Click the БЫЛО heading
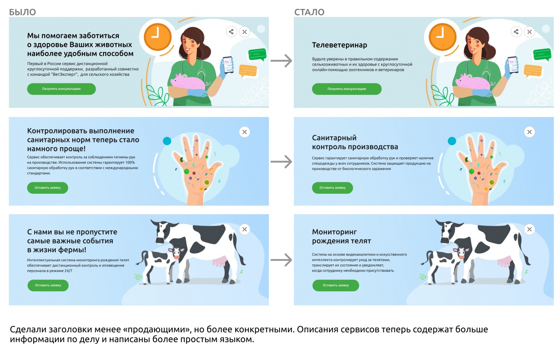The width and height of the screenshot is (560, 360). coord(22,12)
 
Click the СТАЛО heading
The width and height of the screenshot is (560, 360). coord(309,12)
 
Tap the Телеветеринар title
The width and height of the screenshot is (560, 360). coord(339,45)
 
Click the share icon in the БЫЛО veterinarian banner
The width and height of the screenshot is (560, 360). coord(231,32)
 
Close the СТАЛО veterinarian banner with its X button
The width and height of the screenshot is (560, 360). coord(529,32)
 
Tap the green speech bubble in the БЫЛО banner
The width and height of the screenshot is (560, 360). coord(257,55)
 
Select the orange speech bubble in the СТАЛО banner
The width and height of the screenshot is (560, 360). coord(533,70)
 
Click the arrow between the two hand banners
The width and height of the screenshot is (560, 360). coord(281,162)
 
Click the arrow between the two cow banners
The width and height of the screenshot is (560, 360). coord(281,260)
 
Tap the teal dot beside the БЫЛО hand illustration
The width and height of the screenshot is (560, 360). coord(167,141)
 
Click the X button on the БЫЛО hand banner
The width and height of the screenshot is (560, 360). coord(244,132)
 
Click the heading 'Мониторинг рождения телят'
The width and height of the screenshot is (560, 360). coord(341,236)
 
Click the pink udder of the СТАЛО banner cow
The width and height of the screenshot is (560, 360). coord(504,261)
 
